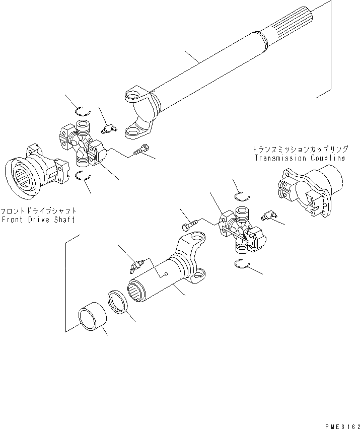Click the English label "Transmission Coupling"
click(x=300, y=158)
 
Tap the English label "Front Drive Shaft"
click(x=38, y=220)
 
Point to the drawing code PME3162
click(x=342, y=426)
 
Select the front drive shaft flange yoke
click(x=36, y=171)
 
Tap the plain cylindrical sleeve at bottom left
click(x=93, y=316)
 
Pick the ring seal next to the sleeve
click(x=117, y=302)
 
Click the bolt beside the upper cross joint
click(x=141, y=151)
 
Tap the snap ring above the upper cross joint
click(x=83, y=111)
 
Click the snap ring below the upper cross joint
click(x=83, y=176)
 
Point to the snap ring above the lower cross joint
click(x=242, y=197)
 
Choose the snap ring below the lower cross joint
click(x=242, y=263)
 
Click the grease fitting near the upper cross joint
click(x=109, y=128)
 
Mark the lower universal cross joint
click(x=242, y=230)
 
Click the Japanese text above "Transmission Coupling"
click(x=300, y=149)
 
